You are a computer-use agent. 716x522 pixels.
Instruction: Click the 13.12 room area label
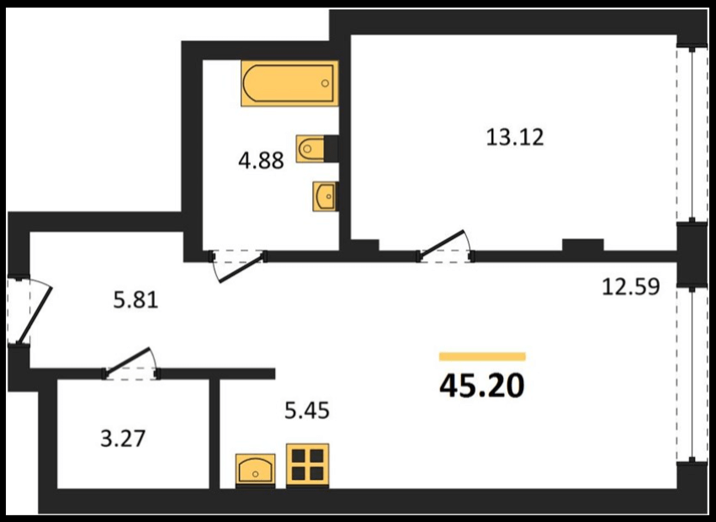click(515, 137)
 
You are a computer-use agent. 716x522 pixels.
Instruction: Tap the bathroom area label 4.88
click(261, 161)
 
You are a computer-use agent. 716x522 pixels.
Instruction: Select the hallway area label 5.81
click(135, 301)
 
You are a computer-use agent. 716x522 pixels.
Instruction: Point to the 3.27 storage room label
click(122, 439)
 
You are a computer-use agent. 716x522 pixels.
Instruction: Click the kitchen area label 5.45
click(307, 411)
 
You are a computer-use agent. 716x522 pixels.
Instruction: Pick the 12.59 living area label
click(631, 287)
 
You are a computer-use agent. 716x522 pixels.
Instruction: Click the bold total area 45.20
click(482, 386)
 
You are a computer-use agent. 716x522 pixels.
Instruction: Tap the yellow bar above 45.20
click(482, 356)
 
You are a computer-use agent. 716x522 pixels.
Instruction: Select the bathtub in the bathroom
click(289, 83)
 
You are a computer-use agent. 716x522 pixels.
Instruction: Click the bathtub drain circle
click(325, 83)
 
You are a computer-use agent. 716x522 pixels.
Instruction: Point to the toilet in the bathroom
click(316, 148)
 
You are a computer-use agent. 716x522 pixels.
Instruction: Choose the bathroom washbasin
click(325, 196)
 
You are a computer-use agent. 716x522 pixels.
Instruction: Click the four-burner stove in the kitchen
click(308, 465)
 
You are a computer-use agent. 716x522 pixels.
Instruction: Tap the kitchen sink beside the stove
click(255, 469)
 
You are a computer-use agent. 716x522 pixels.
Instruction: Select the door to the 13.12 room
click(446, 247)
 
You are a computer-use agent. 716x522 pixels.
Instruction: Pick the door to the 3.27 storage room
click(131, 364)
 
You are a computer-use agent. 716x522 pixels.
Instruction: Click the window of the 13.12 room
click(692, 135)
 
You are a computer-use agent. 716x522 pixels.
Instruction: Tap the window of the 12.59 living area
click(692, 375)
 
